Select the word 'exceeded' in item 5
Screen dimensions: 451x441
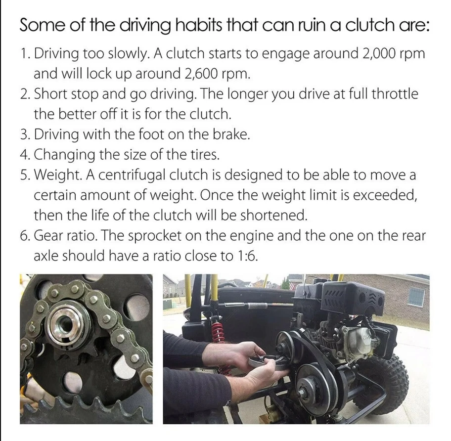click(x=385, y=195)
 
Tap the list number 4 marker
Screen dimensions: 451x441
click(x=24, y=155)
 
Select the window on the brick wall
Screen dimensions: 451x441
click(x=416, y=298)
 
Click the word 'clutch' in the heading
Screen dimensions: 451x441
click(x=367, y=26)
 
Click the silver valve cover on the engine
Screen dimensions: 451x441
click(x=359, y=340)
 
